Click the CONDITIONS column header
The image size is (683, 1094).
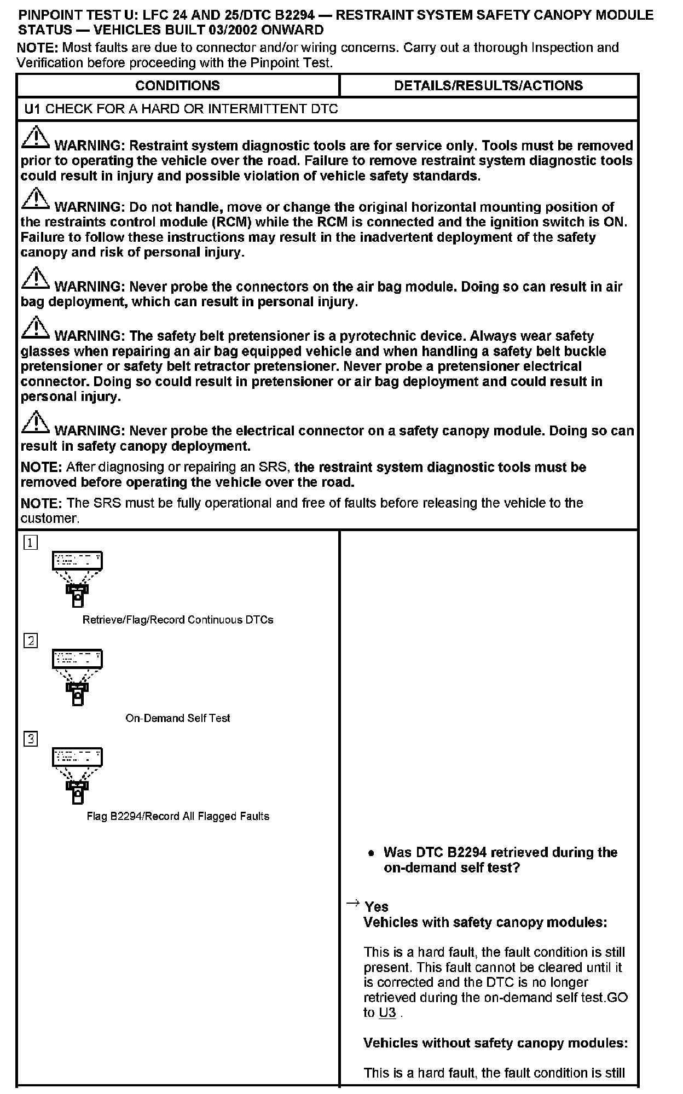[x=177, y=86]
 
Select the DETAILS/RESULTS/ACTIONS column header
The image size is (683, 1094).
[x=488, y=86]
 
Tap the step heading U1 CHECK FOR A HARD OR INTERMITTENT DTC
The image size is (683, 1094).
[x=181, y=109]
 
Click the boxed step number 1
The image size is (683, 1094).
[x=31, y=543]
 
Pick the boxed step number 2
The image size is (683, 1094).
[x=31, y=641]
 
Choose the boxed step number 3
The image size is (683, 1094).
[x=31, y=739]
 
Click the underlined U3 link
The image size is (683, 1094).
[x=387, y=1012]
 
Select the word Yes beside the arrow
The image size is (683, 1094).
[x=377, y=907]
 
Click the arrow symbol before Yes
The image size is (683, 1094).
[x=353, y=903]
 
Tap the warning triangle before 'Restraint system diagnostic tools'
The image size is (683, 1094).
[x=35, y=138]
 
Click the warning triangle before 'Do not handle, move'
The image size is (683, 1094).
[x=35, y=200]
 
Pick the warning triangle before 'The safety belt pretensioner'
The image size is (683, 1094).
[x=35, y=328]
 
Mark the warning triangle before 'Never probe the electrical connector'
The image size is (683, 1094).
[x=35, y=423]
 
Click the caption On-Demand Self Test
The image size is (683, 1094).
[x=178, y=718]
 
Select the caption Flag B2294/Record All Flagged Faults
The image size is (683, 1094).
[x=178, y=817]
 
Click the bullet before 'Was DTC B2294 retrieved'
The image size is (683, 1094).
[x=372, y=853]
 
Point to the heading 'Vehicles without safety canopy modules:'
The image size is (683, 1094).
[x=495, y=1043]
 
